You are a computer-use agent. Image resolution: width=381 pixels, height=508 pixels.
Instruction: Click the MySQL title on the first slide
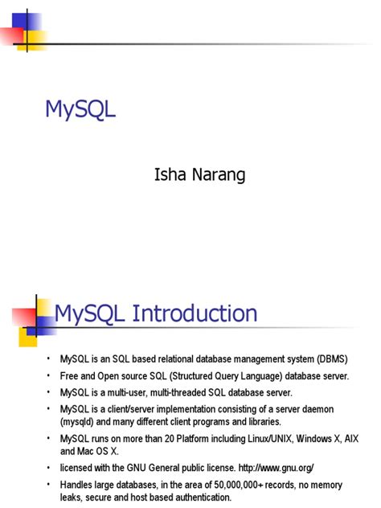tap(80, 109)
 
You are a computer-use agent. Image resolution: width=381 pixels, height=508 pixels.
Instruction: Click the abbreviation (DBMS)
tap(330, 358)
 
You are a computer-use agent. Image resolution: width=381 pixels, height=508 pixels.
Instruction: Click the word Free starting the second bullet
tap(70, 375)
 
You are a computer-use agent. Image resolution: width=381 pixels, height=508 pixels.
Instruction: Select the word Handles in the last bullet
tap(78, 485)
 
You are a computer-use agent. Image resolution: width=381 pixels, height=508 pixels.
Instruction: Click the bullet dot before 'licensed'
tap(48, 468)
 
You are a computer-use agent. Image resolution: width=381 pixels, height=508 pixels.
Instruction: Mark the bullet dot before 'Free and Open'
tap(48, 375)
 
